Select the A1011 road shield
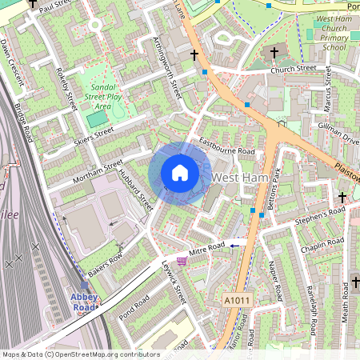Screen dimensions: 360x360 tap(237, 300)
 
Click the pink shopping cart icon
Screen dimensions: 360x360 tap(182, 261)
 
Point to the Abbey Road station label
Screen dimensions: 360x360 tap(84, 302)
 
